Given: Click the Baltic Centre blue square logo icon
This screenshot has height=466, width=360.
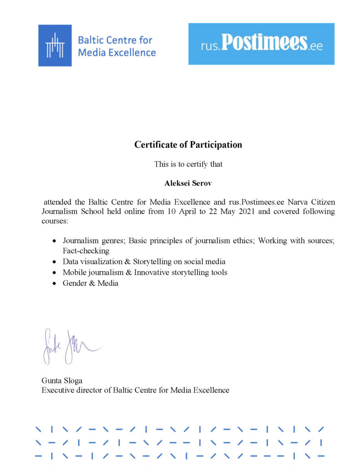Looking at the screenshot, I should pyautogui.click(x=55, y=45).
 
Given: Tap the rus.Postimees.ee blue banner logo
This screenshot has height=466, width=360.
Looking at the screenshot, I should pyautogui.click(x=261, y=44).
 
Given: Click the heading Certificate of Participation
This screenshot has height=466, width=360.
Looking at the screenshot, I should pyautogui.click(x=188, y=145).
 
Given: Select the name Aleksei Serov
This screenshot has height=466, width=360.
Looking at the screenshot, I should pyautogui.click(x=188, y=184).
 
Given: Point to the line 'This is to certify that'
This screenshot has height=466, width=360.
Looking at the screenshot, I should pyautogui.click(x=188, y=164).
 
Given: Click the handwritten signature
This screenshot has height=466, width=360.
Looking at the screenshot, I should pyautogui.click(x=68, y=346).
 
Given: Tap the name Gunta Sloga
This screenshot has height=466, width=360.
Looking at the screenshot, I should pyautogui.click(x=62, y=380).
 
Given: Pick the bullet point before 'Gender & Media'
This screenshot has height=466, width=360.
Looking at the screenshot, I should pyautogui.click(x=54, y=284).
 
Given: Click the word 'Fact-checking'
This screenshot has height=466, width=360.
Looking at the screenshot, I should pyautogui.click(x=86, y=250).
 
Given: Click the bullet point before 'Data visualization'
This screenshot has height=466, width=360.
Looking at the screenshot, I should pyautogui.click(x=54, y=262).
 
